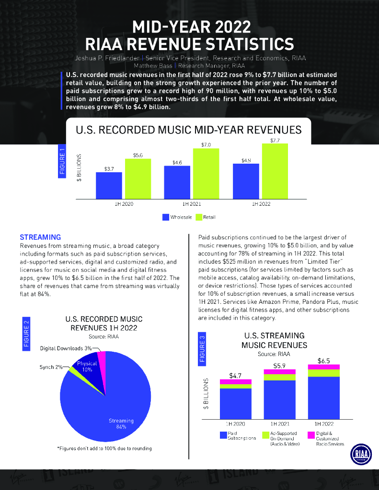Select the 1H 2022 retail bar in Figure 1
[275, 171]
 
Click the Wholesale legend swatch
[166, 217]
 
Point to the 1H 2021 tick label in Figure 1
[192, 204]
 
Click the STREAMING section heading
[40, 237]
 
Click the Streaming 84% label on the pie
[121, 423]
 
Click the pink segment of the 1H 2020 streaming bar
[236, 381]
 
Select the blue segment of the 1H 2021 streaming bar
[280, 400]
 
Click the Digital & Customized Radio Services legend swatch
[310, 435]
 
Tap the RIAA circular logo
[359, 454]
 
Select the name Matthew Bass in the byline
[149, 66]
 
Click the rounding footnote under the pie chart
[104, 448]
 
